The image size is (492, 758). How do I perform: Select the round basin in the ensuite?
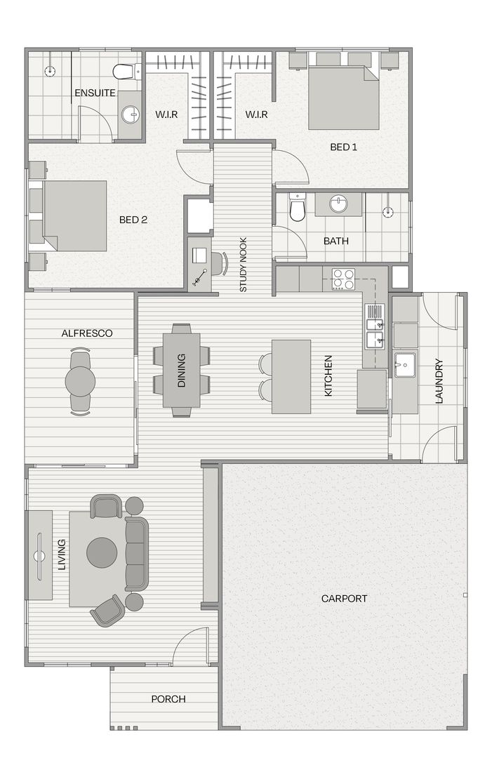point(129,114)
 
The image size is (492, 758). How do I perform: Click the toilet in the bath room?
point(298,207)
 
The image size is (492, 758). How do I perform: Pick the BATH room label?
point(335,241)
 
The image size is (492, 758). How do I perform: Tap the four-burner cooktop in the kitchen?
point(343,279)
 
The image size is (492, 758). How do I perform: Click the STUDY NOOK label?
point(244,265)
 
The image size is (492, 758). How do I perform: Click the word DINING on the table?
point(182,370)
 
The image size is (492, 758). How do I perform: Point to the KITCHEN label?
point(328,377)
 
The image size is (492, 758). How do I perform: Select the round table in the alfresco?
point(80,380)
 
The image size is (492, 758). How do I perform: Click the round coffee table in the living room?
point(102,553)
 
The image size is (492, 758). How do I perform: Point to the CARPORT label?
point(344,599)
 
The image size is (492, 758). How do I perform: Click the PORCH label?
point(168,699)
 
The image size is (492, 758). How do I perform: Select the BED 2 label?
point(133,220)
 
